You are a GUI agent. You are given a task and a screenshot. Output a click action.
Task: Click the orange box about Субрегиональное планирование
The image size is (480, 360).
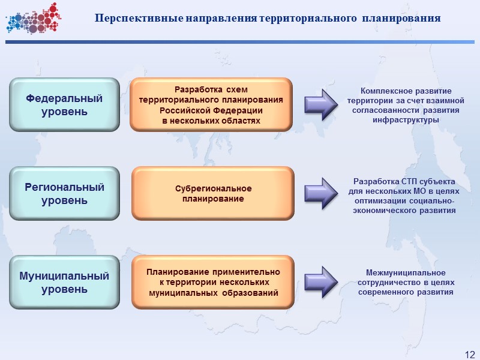[x=213, y=193]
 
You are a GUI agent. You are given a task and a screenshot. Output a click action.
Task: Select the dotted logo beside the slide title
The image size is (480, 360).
[x=32, y=18]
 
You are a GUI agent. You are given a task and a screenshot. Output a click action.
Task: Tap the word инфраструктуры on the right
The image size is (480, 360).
[x=402, y=120]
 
